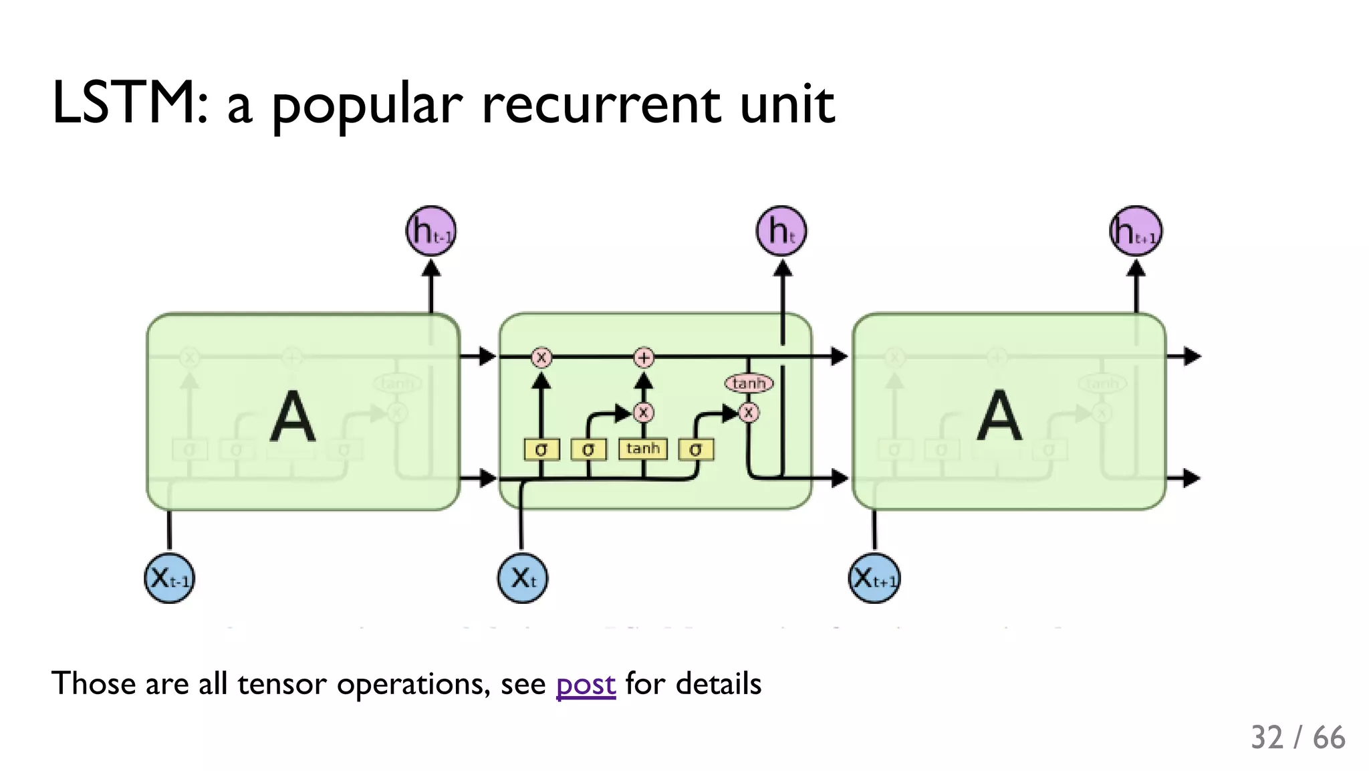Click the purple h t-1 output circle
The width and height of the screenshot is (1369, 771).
click(x=431, y=231)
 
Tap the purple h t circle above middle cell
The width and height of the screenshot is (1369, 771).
click(x=781, y=231)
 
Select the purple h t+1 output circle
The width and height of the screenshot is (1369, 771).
click(x=1135, y=231)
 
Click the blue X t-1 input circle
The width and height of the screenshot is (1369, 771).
click(x=170, y=578)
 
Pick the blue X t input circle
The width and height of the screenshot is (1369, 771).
click(x=523, y=578)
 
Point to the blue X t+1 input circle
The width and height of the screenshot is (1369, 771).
click(x=874, y=578)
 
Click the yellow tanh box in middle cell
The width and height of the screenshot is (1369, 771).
click(x=643, y=449)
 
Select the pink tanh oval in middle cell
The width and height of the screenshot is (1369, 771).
click(x=749, y=383)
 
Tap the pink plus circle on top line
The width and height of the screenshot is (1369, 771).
click(x=644, y=358)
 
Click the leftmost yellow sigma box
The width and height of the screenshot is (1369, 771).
click(x=541, y=449)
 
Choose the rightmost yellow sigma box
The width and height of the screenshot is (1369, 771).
click(x=696, y=449)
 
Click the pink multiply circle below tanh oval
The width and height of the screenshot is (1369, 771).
click(x=749, y=413)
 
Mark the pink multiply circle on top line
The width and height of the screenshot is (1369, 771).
click(x=541, y=358)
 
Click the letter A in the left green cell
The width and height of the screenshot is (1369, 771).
click(x=293, y=416)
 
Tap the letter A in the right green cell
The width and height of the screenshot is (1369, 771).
click(x=999, y=416)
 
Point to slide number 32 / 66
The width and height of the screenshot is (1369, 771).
click(x=1297, y=738)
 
